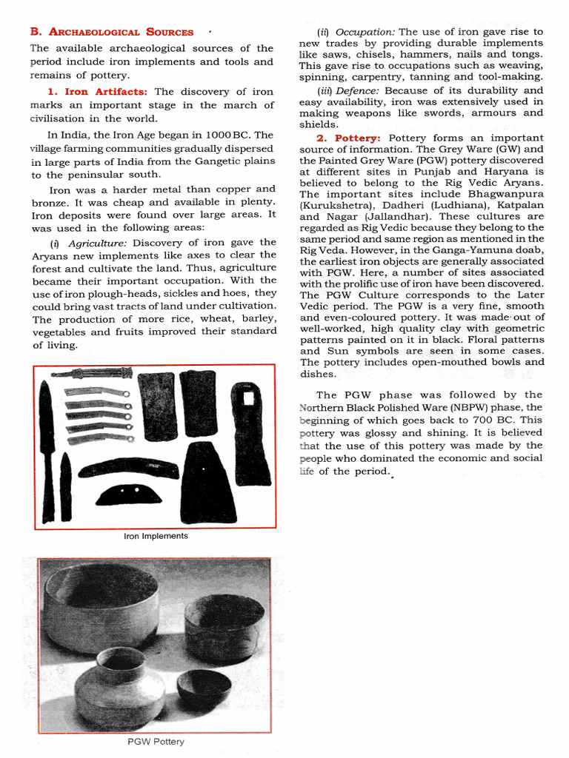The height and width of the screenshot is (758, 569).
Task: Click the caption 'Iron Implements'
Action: (x=156, y=536)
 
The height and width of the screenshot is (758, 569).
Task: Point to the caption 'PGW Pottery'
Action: (x=156, y=741)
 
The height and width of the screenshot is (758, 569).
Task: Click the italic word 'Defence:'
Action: (x=359, y=90)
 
